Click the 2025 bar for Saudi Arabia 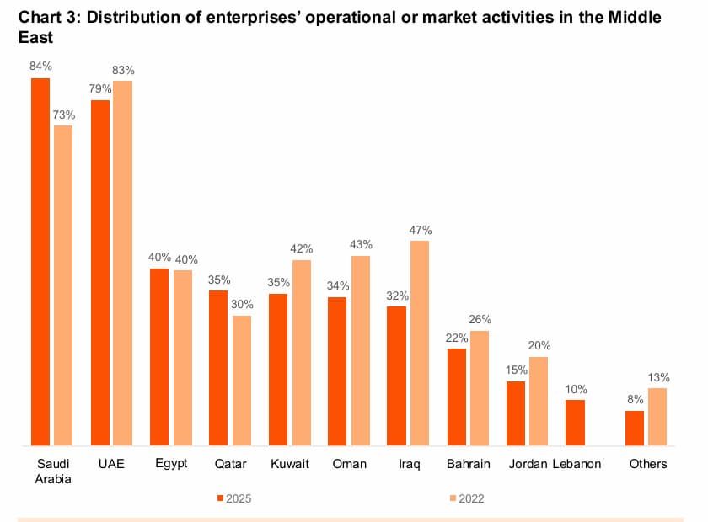[40, 261]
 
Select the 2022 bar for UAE [123, 263]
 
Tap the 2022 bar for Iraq [420, 343]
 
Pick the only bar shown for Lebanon [575, 423]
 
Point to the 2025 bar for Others [635, 428]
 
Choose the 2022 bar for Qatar [242, 381]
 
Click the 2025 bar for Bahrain [457, 397]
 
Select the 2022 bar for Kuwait [301, 353]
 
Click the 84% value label [40, 66]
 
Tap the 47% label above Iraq [421, 229]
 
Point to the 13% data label [658, 376]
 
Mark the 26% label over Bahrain [480, 319]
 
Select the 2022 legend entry [465, 498]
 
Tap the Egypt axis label [171, 464]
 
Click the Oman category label [349, 464]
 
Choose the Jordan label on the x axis [528, 464]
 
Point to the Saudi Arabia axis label [53, 471]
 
